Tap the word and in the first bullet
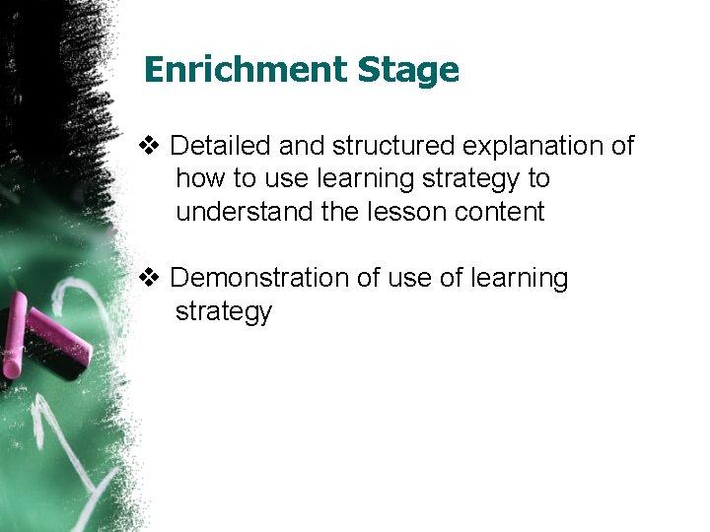click(301, 147)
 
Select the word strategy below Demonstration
click(223, 312)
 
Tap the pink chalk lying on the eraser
click(58, 334)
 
